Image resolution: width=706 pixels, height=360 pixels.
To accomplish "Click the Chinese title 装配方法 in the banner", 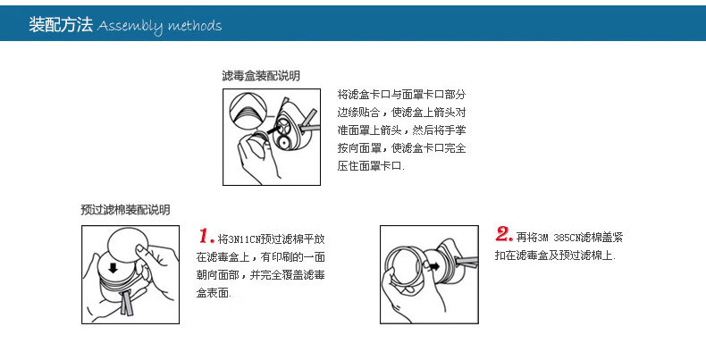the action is [x=61, y=24].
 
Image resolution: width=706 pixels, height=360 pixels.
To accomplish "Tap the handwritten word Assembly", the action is [x=130, y=26].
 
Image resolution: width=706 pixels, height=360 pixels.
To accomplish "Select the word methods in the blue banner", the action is [x=195, y=25].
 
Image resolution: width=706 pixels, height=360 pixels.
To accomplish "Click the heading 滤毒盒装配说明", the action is [x=261, y=76].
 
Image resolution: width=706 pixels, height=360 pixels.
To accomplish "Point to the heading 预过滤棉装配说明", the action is [x=126, y=210].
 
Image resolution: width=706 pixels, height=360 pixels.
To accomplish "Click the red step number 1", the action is [x=206, y=236].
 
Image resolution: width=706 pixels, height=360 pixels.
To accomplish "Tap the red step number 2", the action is [x=504, y=234].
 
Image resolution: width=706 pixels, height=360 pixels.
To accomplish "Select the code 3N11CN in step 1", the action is [x=245, y=239].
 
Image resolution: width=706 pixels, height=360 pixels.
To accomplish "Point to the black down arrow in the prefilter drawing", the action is [x=113, y=268].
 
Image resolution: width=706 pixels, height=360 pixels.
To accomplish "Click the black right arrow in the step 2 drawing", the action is [x=434, y=266].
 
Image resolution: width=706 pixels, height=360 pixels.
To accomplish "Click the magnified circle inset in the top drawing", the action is [x=247, y=112].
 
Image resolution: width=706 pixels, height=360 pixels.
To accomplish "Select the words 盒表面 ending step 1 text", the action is [x=214, y=293].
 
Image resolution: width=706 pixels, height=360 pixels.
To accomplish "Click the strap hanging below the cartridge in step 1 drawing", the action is [x=125, y=302].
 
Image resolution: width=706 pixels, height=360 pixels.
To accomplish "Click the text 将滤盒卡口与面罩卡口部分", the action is [x=401, y=95].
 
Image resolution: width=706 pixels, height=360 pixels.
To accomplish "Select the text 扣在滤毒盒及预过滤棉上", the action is [x=554, y=255].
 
